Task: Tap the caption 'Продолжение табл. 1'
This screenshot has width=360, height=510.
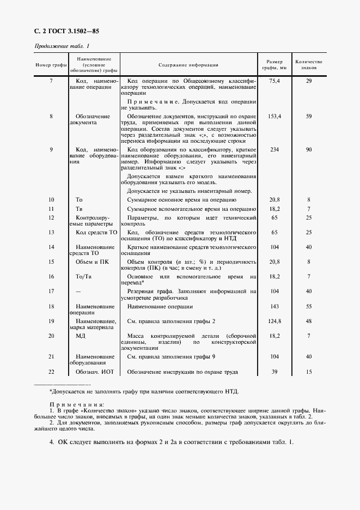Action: (x=62, y=46)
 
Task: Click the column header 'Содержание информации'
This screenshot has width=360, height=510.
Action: (x=188, y=65)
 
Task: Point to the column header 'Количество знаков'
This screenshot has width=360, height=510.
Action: (x=308, y=65)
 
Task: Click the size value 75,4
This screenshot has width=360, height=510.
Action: (x=274, y=81)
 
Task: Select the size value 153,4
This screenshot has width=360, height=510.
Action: (x=274, y=116)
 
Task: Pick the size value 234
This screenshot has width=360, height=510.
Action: (x=274, y=149)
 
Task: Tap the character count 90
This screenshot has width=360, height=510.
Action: (x=308, y=149)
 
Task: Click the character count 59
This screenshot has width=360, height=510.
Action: (x=308, y=116)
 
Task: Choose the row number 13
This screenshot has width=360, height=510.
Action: (x=51, y=232)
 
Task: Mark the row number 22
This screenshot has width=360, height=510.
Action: (x=51, y=372)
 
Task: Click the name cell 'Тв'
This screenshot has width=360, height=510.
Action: (x=79, y=208)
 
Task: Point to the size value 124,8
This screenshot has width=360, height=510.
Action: (x=274, y=321)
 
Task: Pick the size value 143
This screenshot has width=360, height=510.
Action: (x=274, y=307)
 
